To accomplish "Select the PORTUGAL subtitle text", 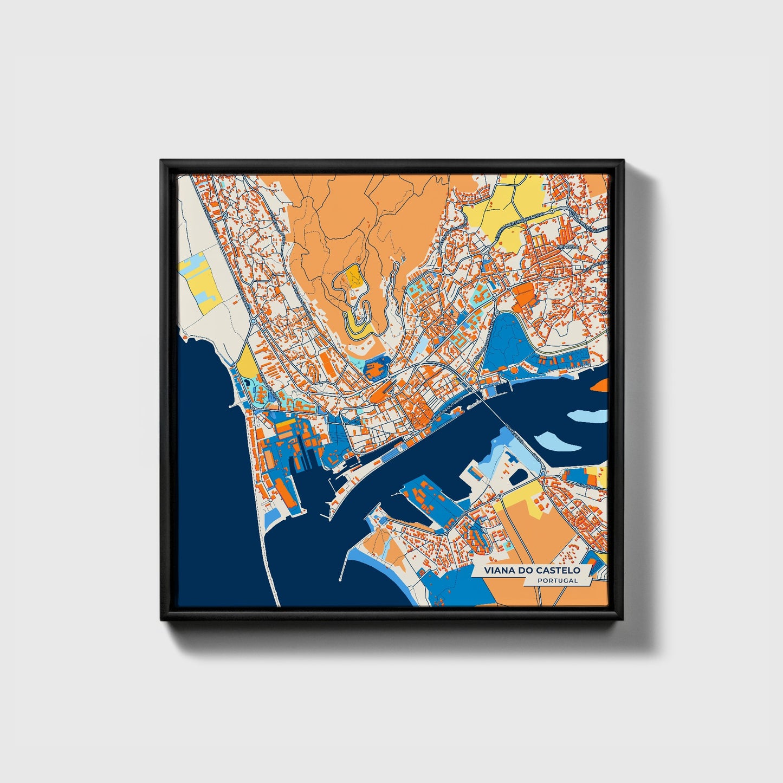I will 558,580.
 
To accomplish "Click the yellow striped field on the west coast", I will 200,284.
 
